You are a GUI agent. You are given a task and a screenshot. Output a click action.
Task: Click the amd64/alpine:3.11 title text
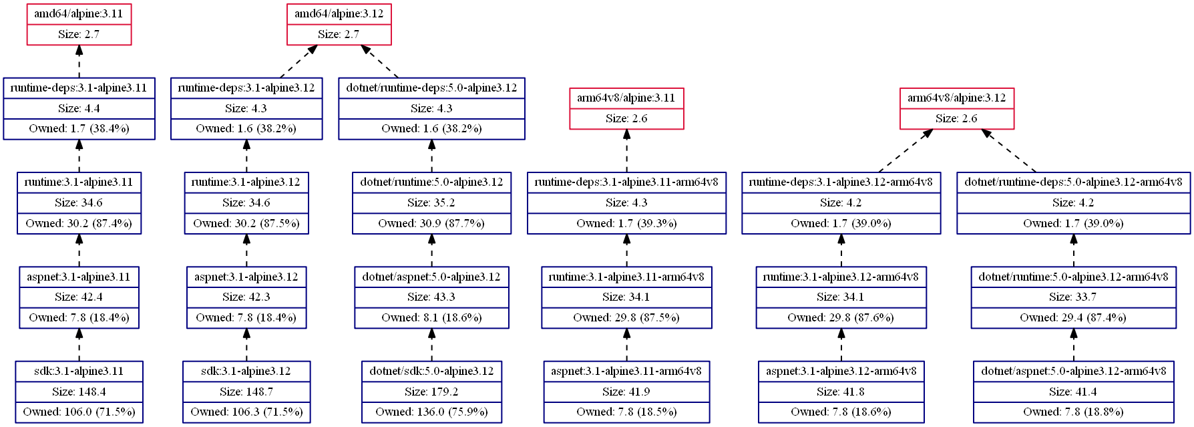tap(79, 14)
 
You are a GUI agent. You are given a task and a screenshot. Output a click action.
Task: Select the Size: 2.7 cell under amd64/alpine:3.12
tap(339, 35)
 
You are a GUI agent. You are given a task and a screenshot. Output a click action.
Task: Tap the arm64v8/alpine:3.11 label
tap(626, 98)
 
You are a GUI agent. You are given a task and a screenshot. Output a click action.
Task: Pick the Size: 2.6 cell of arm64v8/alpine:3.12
tap(956, 119)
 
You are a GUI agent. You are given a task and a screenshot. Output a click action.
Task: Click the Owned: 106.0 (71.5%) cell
tap(79, 412)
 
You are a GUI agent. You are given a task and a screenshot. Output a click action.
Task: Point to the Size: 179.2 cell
tap(431, 392)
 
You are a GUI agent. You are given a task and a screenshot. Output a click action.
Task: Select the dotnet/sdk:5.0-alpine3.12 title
tap(431, 372)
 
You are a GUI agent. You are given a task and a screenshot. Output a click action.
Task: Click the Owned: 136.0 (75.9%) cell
tap(431, 412)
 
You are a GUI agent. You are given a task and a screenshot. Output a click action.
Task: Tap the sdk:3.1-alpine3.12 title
tap(246, 372)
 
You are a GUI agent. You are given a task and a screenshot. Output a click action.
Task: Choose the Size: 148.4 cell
tap(79, 392)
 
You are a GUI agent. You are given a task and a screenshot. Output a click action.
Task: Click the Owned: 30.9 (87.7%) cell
tap(431, 224)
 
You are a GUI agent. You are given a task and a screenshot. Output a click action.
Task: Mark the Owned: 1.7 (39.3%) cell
tap(626, 224)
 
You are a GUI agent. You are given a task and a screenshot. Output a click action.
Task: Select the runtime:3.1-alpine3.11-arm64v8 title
tap(626, 277)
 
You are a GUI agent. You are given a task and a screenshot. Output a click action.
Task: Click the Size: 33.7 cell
tap(1073, 297)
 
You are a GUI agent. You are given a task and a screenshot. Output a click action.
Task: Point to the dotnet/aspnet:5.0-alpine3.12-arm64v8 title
tap(1073, 372)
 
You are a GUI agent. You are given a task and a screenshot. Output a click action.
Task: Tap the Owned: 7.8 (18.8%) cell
tap(1073, 412)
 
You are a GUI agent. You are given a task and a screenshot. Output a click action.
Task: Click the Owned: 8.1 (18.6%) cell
tap(431, 318)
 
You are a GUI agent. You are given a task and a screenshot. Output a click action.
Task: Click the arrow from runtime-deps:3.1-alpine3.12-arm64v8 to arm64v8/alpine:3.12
tap(906, 150)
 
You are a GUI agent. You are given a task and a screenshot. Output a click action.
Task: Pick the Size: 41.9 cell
tap(626, 392)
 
